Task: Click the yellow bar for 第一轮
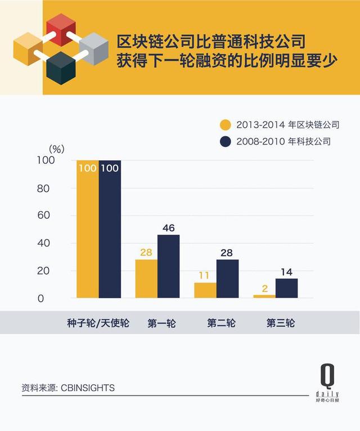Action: (x=146, y=279)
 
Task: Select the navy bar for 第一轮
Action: (x=168, y=266)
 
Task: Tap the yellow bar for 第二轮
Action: (x=205, y=290)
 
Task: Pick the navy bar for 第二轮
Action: (x=227, y=279)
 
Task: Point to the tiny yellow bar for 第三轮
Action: (x=264, y=296)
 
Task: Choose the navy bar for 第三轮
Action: (x=286, y=288)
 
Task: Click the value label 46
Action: (x=168, y=228)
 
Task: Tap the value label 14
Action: (x=286, y=272)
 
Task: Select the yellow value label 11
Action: (x=205, y=276)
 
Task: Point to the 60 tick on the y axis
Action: (x=44, y=215)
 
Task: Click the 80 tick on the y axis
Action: (x=44, y=188)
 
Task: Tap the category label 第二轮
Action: (x=221, y=324)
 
